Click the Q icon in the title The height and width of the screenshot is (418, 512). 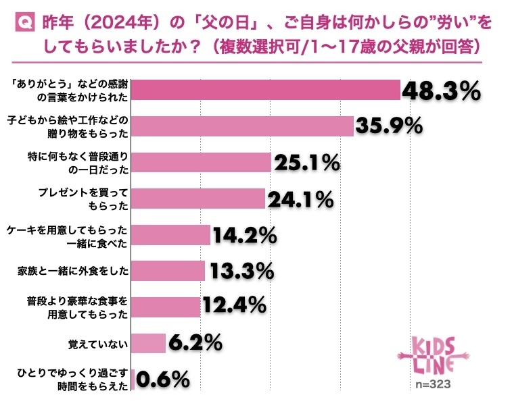tap(23, 24)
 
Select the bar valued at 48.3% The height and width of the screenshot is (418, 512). tap(266, 90)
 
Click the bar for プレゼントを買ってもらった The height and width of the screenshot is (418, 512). tap(197, 199)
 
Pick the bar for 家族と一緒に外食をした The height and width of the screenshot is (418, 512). tap(168, 271)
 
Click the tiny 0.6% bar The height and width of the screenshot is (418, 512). tap(133, 380)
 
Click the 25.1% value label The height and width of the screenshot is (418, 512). tap(306, 163)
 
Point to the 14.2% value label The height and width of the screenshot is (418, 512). tap(244, 235)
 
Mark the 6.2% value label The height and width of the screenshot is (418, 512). tap(195, 343)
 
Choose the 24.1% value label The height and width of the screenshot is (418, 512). tap(300, 199)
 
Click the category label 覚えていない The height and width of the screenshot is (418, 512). tap(101, 344)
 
